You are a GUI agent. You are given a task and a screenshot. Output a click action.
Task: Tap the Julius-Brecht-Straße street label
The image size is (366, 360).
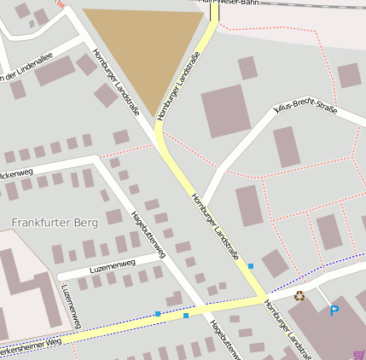(305, 109)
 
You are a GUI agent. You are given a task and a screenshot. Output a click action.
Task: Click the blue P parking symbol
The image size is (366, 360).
(334, 311)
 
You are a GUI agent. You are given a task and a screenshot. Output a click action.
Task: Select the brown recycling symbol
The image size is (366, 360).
(299, 296)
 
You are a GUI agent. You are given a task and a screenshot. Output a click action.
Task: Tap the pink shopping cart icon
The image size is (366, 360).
(358, 354)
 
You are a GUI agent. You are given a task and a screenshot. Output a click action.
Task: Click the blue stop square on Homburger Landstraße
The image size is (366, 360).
(251, 267)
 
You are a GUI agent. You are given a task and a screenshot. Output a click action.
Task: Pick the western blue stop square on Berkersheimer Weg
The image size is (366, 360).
(158, 314)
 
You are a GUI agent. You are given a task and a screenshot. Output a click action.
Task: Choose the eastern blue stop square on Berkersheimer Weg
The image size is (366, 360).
(186, 316)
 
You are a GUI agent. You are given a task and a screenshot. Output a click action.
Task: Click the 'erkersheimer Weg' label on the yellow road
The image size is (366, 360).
(31, 343)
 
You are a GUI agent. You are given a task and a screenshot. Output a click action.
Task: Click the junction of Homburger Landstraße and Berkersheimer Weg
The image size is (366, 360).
(262, 299)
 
